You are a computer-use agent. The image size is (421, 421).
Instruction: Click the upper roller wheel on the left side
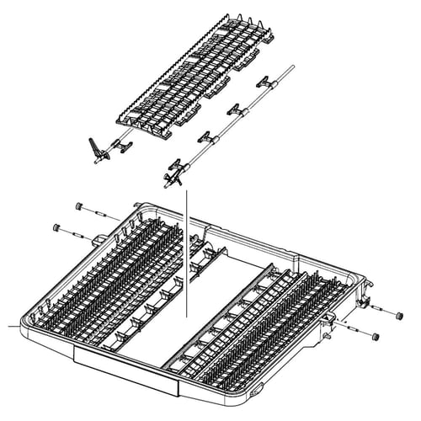[78, 206]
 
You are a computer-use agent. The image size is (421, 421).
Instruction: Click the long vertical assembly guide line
[186, 253]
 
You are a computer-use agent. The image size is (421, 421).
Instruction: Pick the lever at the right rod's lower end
[173, 173]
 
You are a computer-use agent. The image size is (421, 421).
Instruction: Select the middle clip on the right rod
[236, 109]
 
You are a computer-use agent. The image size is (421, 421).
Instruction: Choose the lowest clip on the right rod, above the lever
[205, 137]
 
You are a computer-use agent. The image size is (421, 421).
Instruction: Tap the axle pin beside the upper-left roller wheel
[96, 213]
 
